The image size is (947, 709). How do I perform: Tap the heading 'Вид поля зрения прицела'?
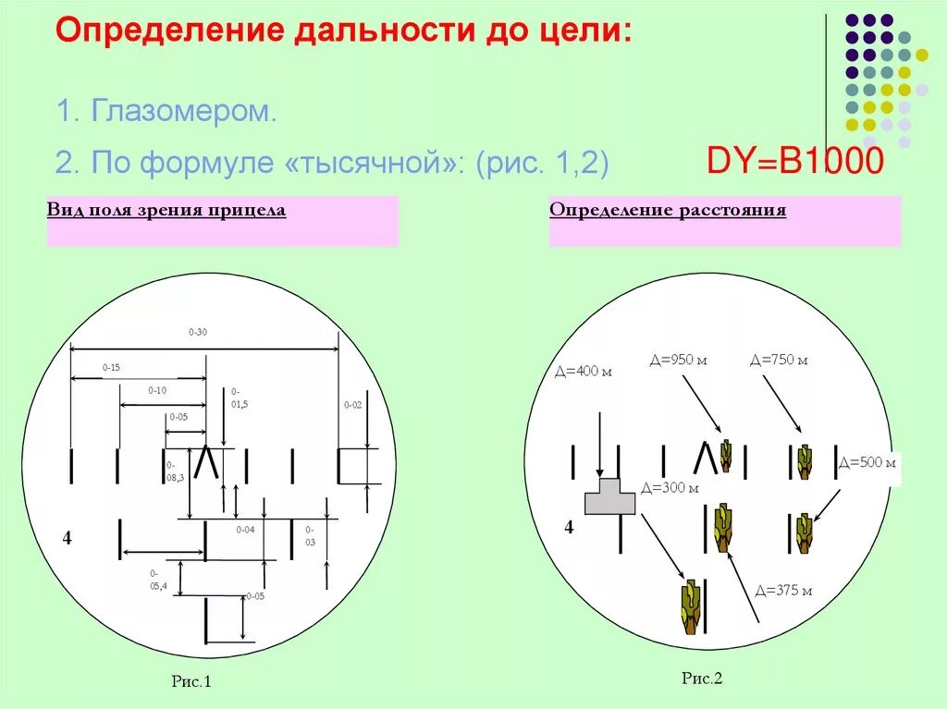pos(166,211)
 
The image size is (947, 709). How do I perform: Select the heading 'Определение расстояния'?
pos(668,210)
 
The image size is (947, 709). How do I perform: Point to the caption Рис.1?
pos(191,682)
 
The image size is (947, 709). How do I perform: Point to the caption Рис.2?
pos(701,678)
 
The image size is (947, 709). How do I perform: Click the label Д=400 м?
pos(584,372)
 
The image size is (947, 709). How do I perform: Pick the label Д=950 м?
pos(678,360)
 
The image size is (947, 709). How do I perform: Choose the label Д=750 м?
pos(779,360)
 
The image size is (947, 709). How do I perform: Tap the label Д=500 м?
pos(867,461)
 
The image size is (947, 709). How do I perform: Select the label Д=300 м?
pos(669,487)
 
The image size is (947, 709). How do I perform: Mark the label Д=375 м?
pos(783,591)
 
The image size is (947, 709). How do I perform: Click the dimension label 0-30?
pos(198,331)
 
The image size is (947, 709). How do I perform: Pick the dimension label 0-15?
pos(111,367)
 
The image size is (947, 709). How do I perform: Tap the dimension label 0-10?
pos(157,390)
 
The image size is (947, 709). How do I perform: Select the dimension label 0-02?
pos(353,404)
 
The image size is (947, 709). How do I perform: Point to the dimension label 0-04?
pos(245,530)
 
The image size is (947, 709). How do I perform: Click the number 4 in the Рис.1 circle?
pos(67,538)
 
